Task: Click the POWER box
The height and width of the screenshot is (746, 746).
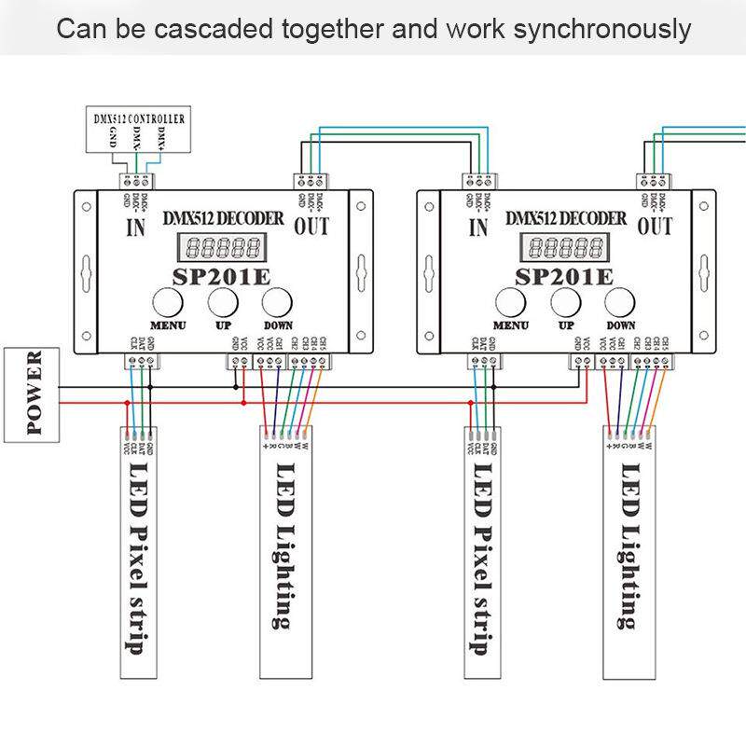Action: click(x=33, y=393)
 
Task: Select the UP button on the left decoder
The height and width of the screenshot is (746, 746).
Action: click(x=222, y=303)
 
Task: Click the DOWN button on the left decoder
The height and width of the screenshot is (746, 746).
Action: click(x=277, y=303)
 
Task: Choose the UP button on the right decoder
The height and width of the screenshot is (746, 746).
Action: click(x=565, y=303)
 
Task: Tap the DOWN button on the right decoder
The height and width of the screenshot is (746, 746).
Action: click(x=620, y=303)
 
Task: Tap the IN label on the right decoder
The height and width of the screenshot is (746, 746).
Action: click(x=477, y=227)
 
